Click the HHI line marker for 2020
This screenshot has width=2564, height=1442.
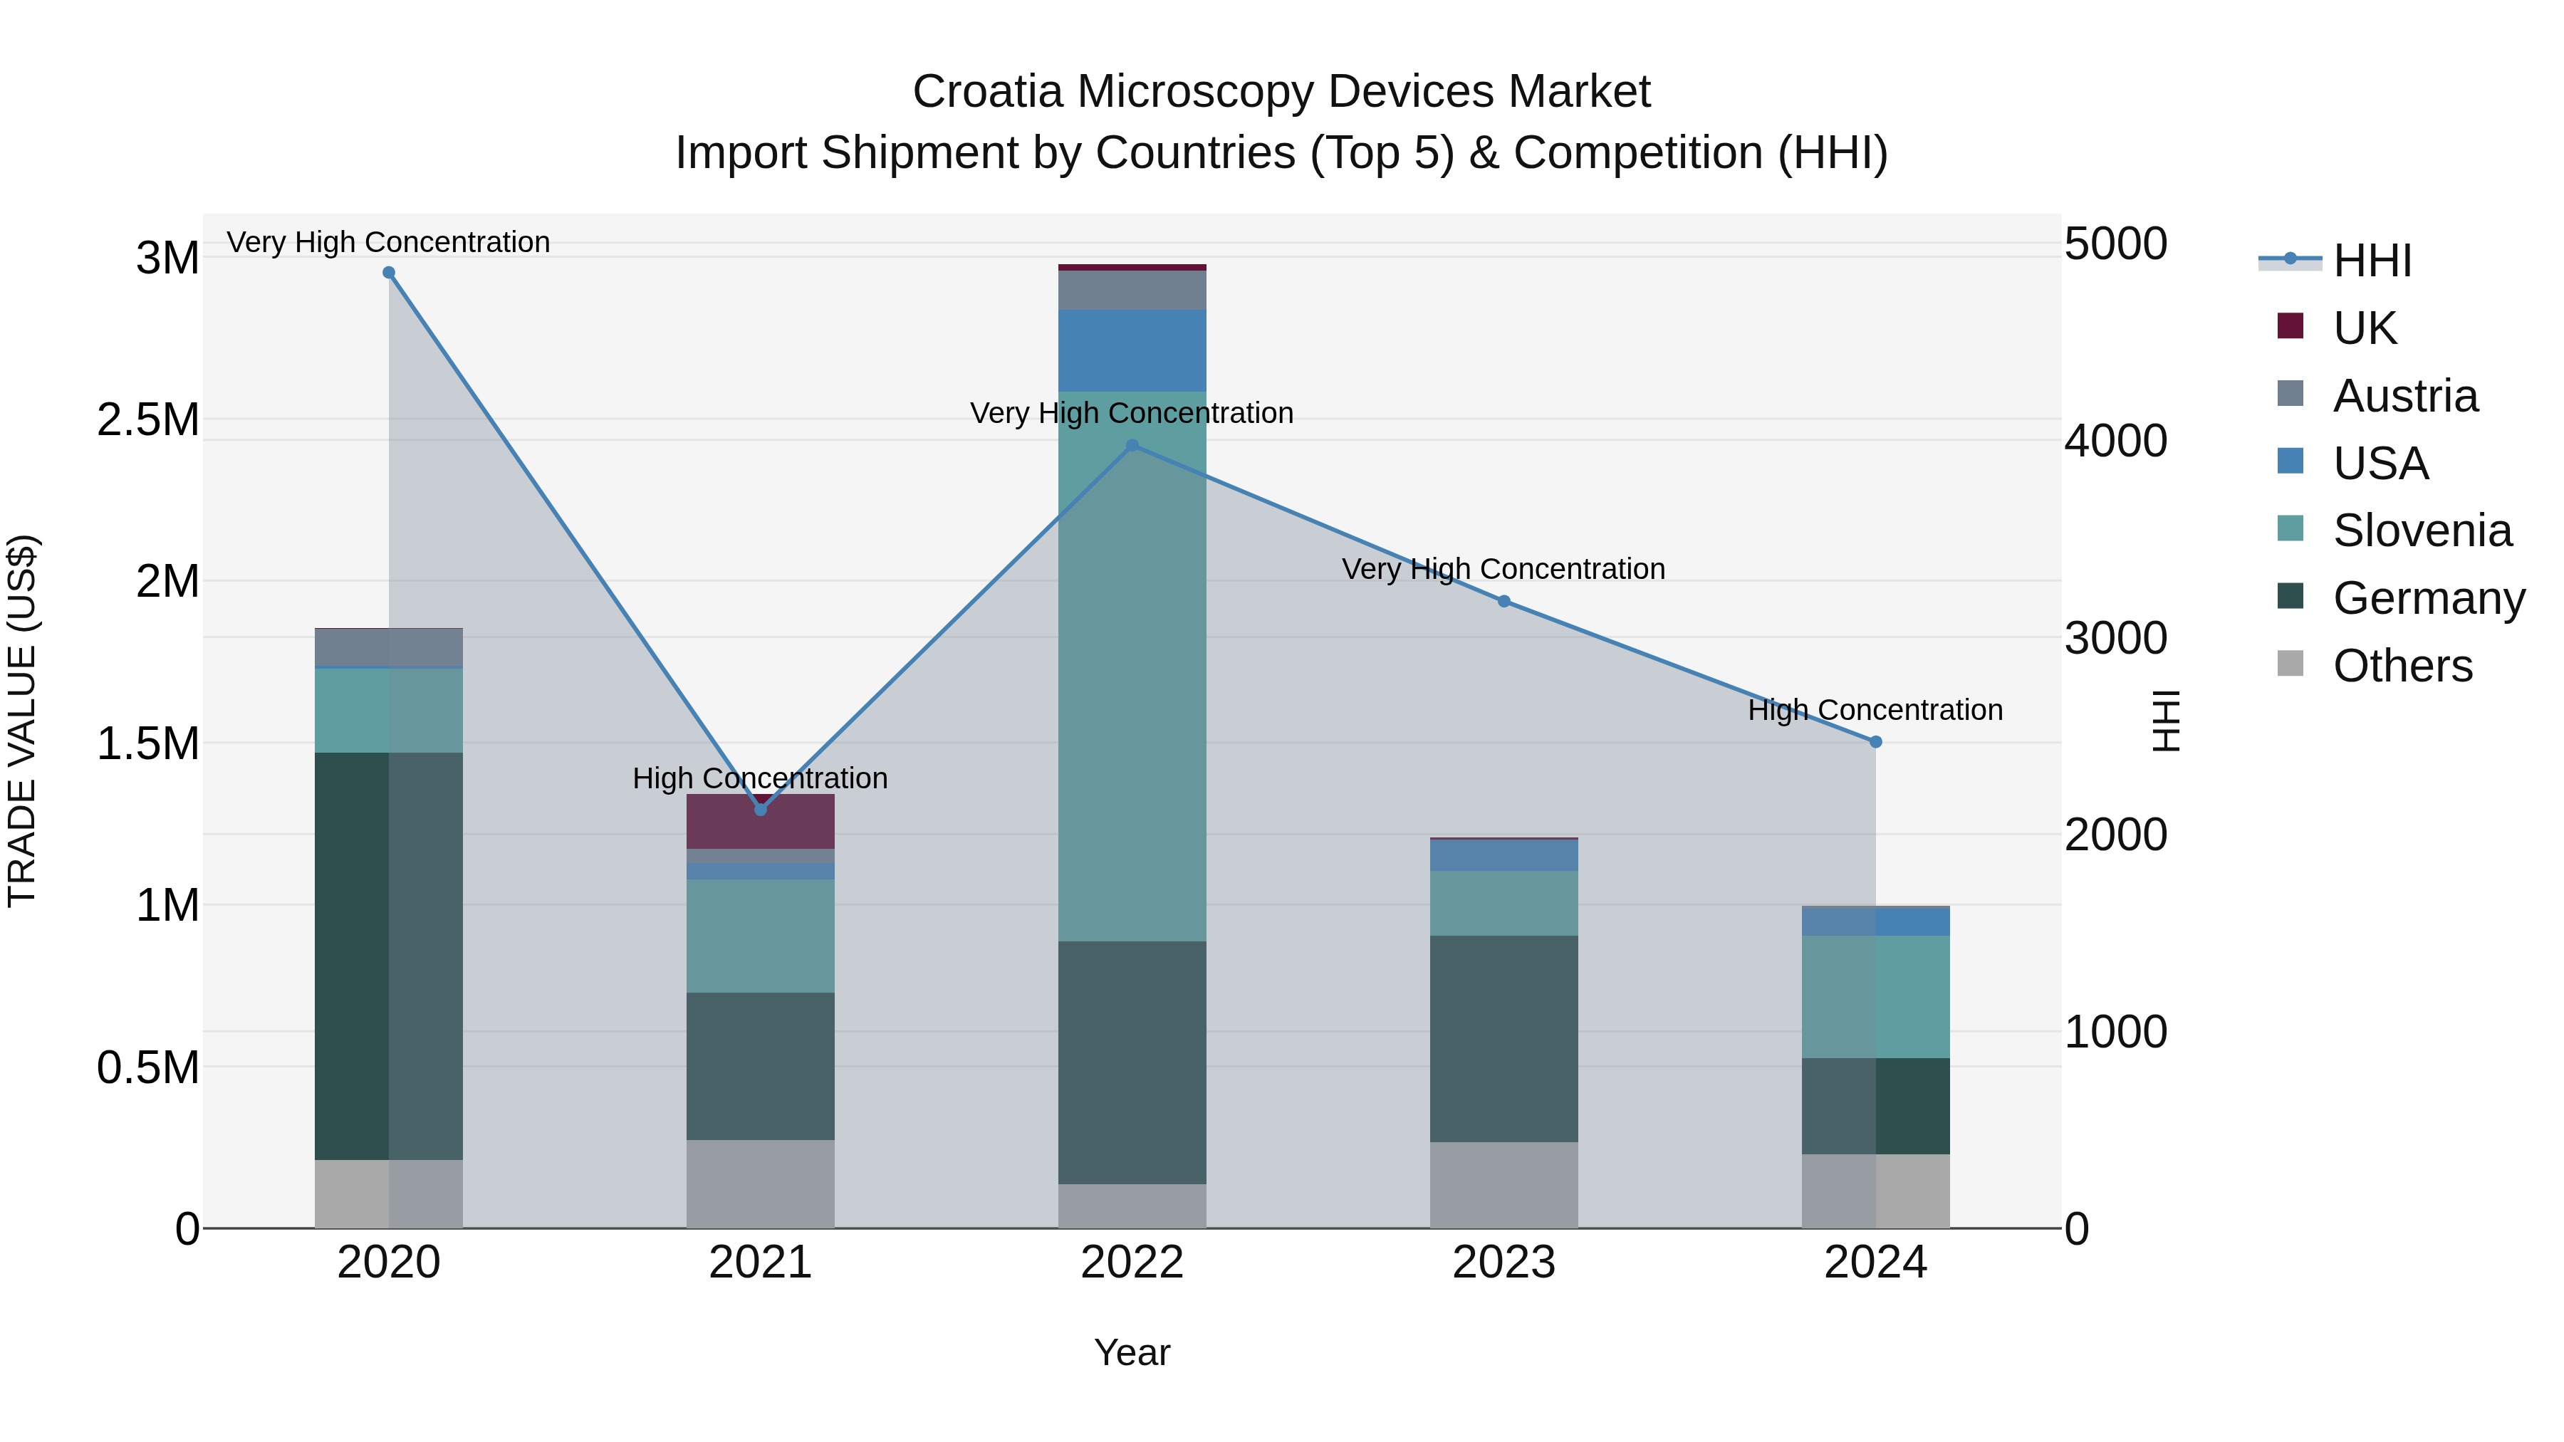click(388, 273)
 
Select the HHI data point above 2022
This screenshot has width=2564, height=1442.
click(1132, 446)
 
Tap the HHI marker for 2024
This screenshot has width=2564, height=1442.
click(1875, 741)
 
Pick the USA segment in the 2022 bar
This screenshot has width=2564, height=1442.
click(1132, 350)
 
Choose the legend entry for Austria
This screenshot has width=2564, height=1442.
click(2404, 396)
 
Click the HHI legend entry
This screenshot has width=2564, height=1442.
click(2371, 261)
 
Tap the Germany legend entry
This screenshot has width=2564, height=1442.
click(2428, 598)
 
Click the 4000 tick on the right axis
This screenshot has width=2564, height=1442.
click(2115, 441)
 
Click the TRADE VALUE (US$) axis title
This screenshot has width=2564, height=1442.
click(22, 721)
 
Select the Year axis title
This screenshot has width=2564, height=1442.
click(1132, 1352)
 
